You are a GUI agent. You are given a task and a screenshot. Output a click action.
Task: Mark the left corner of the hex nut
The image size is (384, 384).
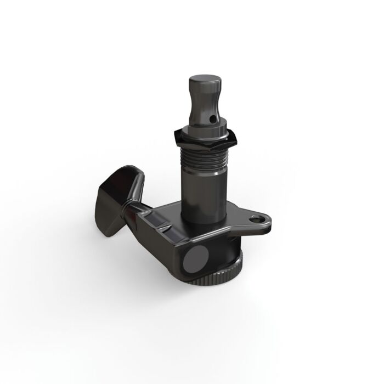174,135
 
